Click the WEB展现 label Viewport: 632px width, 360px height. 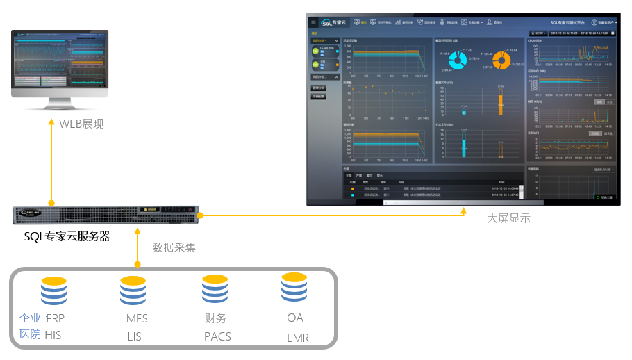click(81, 124)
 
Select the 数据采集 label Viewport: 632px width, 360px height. click(174, 247)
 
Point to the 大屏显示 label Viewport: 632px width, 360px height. click(508, 218)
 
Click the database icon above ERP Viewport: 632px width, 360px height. click(53, 291)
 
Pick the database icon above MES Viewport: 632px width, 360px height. click(133, 291)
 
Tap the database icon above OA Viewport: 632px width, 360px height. click(294, 288)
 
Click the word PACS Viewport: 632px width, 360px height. click(217, 336)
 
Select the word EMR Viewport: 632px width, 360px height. click(298, 338)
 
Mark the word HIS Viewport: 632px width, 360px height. click(53, 335)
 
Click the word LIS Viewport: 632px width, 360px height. click(135, 336)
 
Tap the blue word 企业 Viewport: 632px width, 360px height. click(30, 318)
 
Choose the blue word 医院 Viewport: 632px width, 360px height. click(30, 334)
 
